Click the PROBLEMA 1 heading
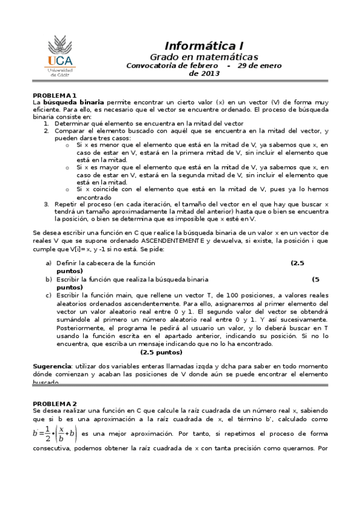tap(54, 95)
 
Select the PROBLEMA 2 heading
tap(54, 403)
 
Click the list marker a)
tap(48, 263)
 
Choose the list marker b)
tap(48, 280)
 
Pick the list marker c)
tap(48, 295)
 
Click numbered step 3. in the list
tap(46, 204)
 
